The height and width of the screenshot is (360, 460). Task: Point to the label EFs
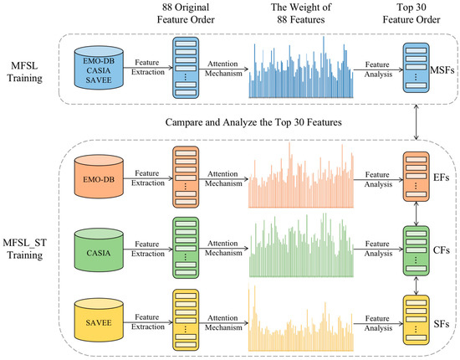(443, 180)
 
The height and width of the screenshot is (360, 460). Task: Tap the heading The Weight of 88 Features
(290, 15)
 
